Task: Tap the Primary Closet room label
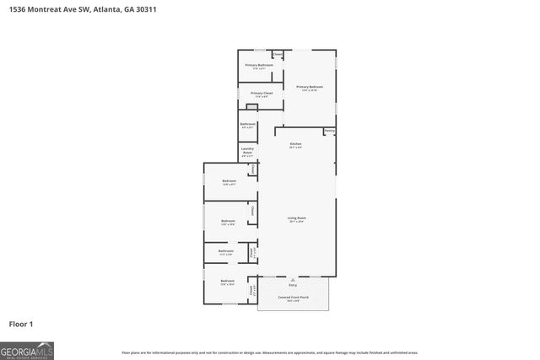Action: point(262,94)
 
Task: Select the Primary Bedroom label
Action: point(310,87)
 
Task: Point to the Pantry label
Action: point(329,131)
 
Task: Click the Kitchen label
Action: point(295,144)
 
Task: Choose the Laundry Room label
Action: point(247,152)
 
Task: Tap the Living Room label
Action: point(297,218)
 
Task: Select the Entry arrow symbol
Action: point(293,279)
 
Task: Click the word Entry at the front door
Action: point(293,286)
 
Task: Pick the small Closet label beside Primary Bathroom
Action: point(278,55)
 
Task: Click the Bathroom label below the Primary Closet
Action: point(247,124)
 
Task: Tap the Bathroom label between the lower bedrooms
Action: point(226,250)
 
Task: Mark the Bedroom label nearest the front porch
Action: point(227,281)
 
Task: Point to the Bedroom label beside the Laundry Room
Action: point(229,180)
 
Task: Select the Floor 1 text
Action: point(20,323)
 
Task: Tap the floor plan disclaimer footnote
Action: point(270,352)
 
